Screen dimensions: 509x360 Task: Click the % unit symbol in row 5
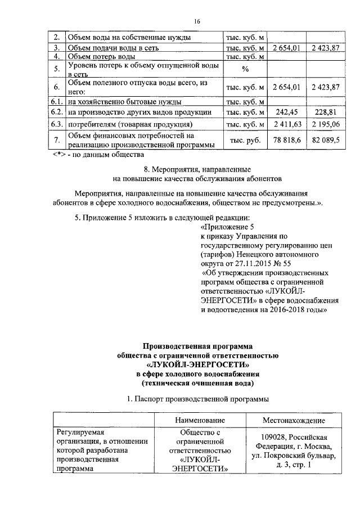point(245,69)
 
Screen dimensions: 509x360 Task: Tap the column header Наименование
point(200,420)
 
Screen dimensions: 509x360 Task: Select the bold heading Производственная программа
point(197,346)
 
